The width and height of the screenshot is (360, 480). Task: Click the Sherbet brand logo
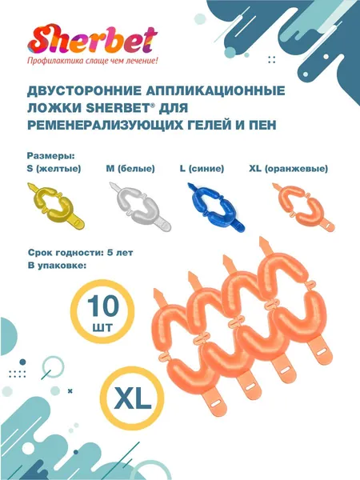pos(93,40)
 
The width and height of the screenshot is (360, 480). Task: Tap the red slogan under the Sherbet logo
pos(93,61)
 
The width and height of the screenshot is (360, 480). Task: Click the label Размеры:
pos(51,156)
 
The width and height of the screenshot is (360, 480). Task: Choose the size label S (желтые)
pos(54,169)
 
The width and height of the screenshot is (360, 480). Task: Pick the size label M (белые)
pos(130,169)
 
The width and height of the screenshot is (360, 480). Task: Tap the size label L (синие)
pos(202,169)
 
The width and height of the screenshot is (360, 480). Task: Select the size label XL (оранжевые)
pos(288,169)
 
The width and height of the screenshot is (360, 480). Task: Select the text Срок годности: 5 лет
pos(80,253)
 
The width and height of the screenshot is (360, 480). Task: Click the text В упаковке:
pos(57,266)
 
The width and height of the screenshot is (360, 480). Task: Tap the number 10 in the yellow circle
pos(103,306)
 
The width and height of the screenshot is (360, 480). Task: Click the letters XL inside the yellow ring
pos(132,399)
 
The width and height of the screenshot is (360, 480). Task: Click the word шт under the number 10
pos(102,327)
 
